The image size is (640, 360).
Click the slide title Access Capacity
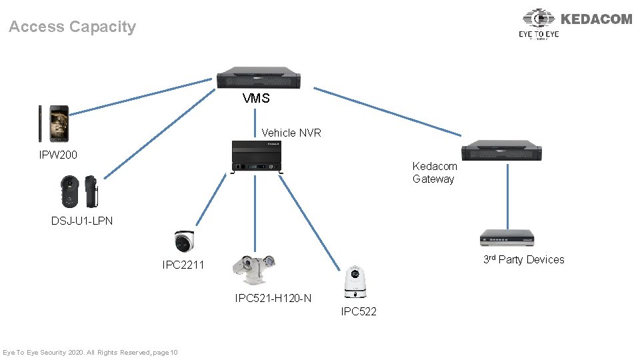point(72,27)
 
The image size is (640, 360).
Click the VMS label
point(256,99)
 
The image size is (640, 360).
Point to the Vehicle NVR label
point(291,133)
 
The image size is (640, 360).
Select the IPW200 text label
point(58,155)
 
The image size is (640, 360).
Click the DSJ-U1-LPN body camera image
point(80,191)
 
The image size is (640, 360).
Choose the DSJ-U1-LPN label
point(82,221)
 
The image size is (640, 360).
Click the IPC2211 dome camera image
point(184,241)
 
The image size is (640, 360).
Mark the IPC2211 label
point(183,265)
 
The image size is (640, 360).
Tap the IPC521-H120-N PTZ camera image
point(254,271)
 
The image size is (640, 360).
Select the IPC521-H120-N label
point(273,298)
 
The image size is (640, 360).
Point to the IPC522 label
point(359,311)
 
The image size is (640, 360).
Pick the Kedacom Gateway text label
point(435,172)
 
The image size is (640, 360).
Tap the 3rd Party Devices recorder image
point(507,238)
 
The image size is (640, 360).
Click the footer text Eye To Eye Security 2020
point(90,352)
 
